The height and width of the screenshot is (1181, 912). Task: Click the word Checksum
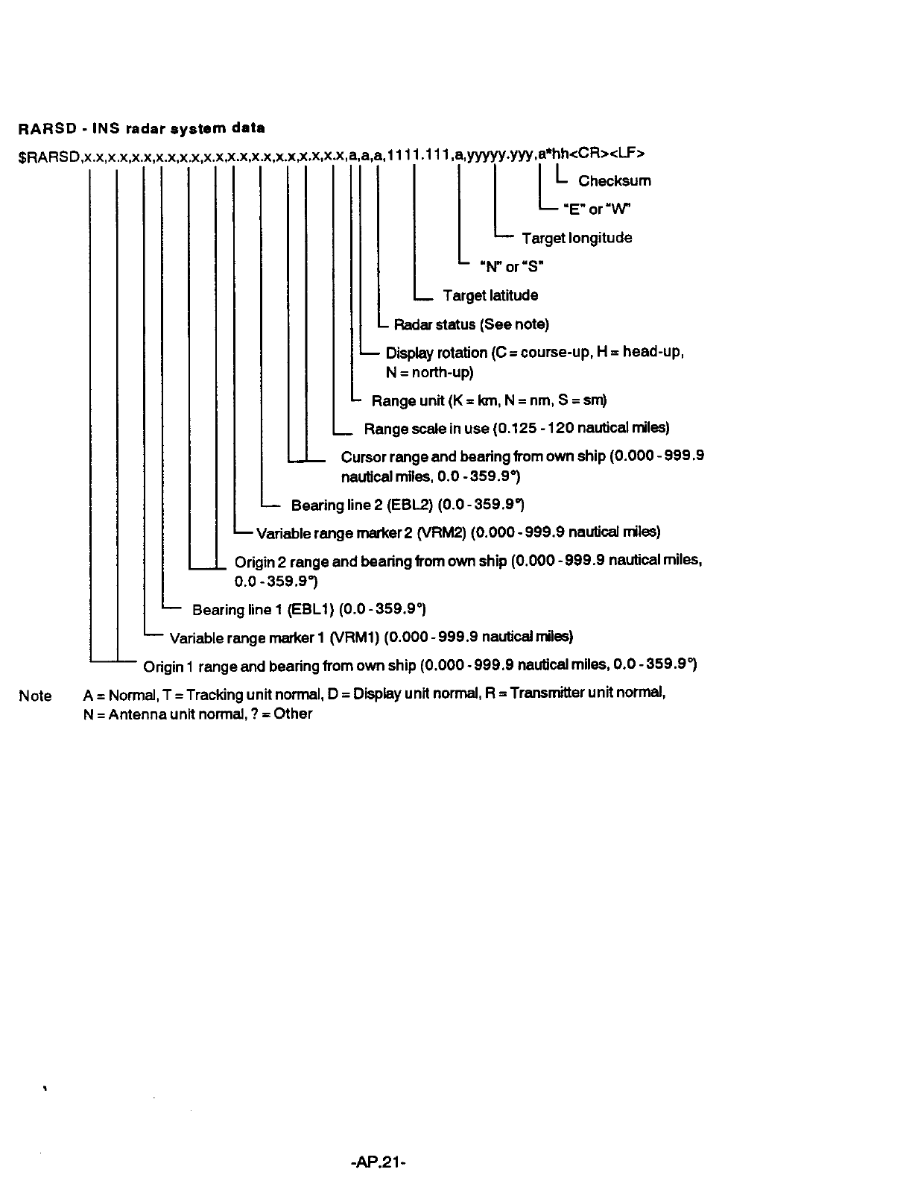[614, 181]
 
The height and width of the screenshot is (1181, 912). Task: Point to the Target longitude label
[577, 239]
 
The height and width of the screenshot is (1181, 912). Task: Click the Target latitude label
[490, 296]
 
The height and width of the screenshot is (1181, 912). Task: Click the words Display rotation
[436, 353]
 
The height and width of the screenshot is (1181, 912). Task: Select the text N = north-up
[430, 372]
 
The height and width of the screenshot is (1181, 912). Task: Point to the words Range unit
[408, 401]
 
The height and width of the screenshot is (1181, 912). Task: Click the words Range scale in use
[426, 429]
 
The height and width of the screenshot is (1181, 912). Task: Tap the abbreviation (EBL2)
[411, 506]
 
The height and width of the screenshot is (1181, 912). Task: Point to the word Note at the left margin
[35, 696]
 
